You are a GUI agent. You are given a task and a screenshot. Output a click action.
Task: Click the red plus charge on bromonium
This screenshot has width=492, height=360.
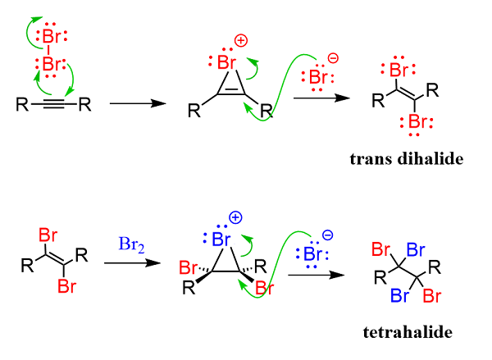(242, 40)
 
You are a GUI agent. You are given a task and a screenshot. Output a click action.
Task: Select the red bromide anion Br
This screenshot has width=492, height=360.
(316, 76)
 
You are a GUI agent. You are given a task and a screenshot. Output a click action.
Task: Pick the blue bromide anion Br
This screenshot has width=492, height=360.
(310, 249)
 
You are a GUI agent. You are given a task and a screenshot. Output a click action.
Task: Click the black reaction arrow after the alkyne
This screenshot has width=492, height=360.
(131, 104)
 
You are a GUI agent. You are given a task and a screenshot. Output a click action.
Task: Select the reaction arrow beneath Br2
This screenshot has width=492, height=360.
(127, 263)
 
